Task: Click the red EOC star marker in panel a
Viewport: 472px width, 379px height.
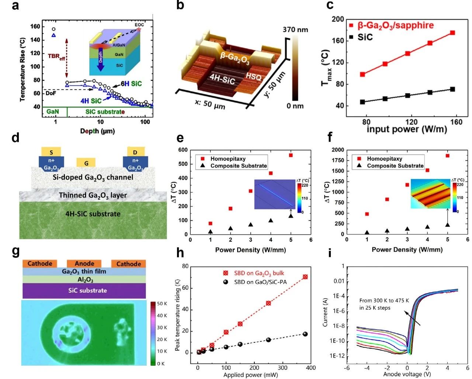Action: pyautogui.click(x=139, y=29)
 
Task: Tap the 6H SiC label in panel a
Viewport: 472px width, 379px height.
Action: pyautogui.click(x=131, y=84)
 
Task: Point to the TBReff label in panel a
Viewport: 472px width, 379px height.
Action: pyautogui.click(x=56, y=57)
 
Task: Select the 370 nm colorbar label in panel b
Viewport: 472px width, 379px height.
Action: pyautogui.click(x=295, y=30)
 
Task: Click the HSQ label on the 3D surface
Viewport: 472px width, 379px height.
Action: pyautogui.click(x=254, y=76)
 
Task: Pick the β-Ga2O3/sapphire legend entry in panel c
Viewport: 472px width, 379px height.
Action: pyautogui.click(x=391, y=25)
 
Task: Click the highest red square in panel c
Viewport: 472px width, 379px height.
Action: pyautogui.click(x=452, y=33)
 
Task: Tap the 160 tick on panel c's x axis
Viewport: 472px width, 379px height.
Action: pyautogui.click(x=456, y=122)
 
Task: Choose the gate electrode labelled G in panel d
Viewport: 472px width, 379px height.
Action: pyautogui.click(x=86, y=163)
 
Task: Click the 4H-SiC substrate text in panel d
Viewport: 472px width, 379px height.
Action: pyautogui.click(x=93, y=214)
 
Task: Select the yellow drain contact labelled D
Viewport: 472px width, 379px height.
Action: pyautogui.click(x=135, y=152)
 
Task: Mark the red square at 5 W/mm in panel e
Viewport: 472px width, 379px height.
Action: pyautogui.click(x=291, y=155)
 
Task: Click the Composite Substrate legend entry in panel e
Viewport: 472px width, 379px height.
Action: pyautogui.click(x=239, y=166)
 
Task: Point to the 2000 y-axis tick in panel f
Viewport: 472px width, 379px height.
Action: pyautogui.click(x=337, y=150)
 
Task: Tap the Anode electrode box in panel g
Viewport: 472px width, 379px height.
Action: pyautogui.click(x=84, y=264)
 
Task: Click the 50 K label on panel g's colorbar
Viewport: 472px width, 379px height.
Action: pyautogui.click(x=162, y=304)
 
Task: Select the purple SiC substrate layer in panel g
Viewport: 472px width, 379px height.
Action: pyautogui.click(x=84, y=291)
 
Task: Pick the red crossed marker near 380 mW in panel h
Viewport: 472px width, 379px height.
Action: pyautogui.click(x=305, y=277)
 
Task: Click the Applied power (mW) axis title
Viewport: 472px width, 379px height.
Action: pyautogui.click(x=250, y=375)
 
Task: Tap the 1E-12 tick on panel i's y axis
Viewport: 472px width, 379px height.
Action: pyautogui.click(x=337, y=356)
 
